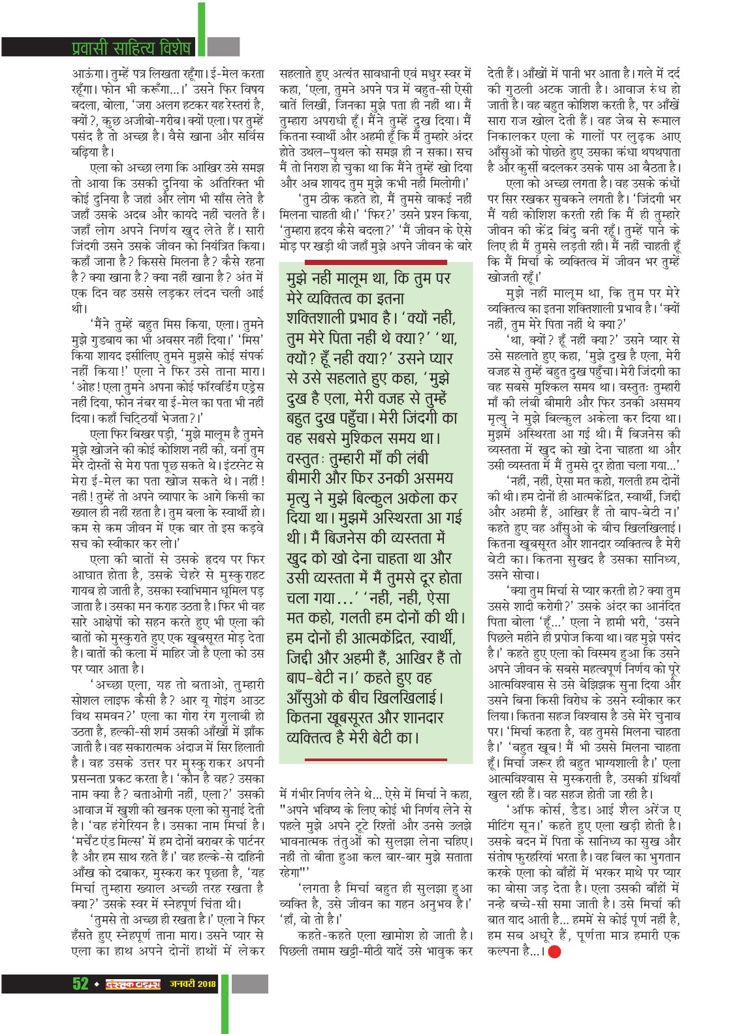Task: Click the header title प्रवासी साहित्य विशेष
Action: (131, 48)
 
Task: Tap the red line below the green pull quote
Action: (375, 759)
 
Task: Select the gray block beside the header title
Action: (225, 48)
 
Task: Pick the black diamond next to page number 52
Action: (96, 984)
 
